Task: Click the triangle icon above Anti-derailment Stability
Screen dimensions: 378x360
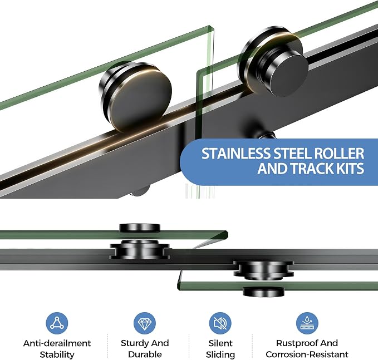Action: (57, 323)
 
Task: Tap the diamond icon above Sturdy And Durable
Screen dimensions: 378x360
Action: (145, 323)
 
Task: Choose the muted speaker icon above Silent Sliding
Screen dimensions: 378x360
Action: (220, 323)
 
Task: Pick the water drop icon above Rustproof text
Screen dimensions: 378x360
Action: (307, 323)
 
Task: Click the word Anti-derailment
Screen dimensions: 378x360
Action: (57, 343)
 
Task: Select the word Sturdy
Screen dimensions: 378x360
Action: (135, 343)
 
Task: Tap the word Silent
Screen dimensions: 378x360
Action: (220, 343)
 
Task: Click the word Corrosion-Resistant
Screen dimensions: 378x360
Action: (307, 354)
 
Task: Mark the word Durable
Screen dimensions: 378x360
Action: (145, 354)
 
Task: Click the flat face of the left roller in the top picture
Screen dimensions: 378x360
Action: (141, 100)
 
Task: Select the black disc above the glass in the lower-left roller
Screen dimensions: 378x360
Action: (140, 228)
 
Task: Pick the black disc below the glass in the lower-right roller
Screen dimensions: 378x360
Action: (263, 292)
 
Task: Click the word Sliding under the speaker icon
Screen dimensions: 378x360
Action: (220, 354)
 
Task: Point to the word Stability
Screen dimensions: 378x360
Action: (57, 354)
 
